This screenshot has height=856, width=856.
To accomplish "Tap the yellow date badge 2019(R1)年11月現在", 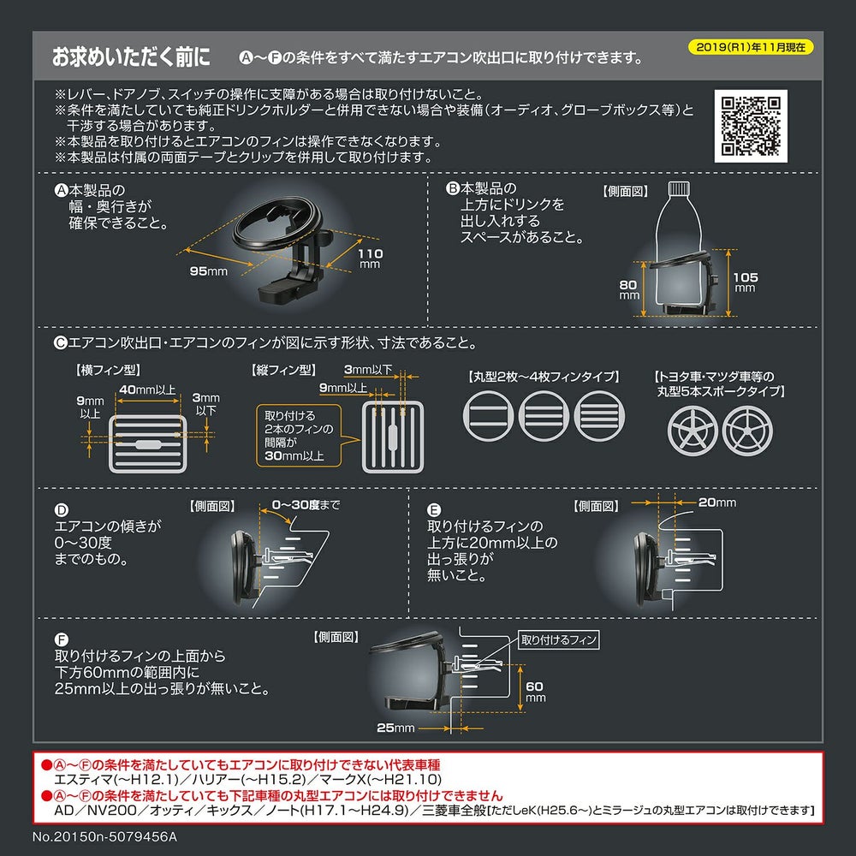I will click(x=750, y=48).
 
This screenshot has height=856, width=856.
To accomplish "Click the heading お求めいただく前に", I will click(x=131, y=58).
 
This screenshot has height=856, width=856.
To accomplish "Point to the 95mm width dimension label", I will click(x=208, y=271).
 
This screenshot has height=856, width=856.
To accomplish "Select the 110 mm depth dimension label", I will click(x=370, y=259).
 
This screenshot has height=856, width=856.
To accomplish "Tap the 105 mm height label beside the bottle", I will click(x=745, y=281).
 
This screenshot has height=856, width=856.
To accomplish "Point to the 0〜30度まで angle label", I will click(x=305, y=505).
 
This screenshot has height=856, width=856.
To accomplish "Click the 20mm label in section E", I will click(x=716, y=502).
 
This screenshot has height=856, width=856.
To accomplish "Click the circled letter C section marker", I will click(x=59, y=342).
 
